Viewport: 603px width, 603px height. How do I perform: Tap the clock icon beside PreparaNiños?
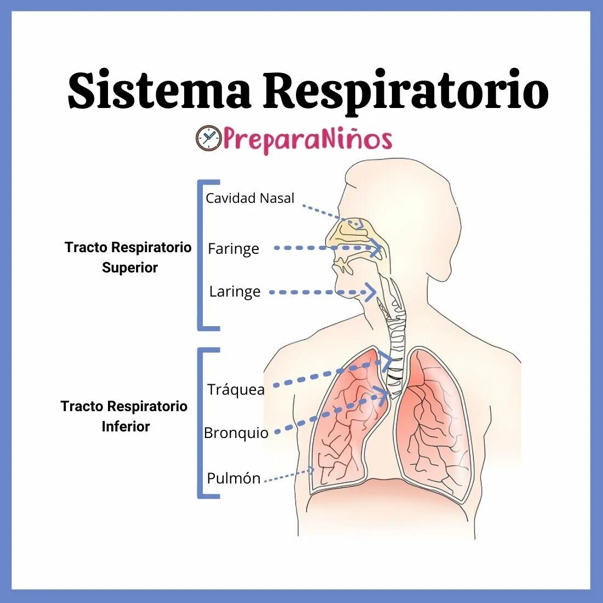[208, 138]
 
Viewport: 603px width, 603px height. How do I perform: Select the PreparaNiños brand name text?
[307, 139]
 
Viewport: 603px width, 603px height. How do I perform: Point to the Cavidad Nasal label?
[250, 198]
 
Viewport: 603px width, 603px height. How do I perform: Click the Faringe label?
[234, 249]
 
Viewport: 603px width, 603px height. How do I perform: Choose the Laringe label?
[235, 291]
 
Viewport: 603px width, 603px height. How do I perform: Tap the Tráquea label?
[236, 389]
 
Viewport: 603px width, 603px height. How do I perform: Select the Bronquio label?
[236, 433]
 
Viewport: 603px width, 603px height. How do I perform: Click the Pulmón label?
[234, 478]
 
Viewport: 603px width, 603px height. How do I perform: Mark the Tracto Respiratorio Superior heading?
[128, 257]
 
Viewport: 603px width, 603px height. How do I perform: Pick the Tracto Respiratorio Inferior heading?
[124, 416]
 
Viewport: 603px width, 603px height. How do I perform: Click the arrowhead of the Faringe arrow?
[377, 248]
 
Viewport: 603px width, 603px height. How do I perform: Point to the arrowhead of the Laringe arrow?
[372, 292]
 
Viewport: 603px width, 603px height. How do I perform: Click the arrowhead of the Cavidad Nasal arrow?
[359, 223]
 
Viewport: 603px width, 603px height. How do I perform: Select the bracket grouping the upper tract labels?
[201, 255]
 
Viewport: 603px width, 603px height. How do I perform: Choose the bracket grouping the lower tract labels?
[201, 423]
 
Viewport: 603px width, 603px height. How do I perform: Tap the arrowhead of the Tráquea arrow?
[388, 361]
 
